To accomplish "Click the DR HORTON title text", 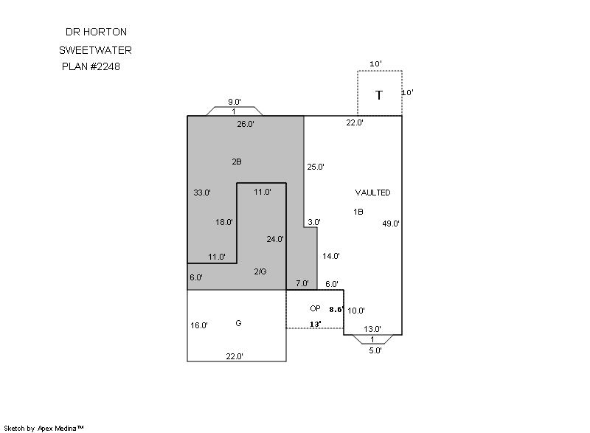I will [x=96, y=32].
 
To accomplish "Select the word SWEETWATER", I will [x=96, y=50].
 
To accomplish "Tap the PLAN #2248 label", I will [x=91, y=66].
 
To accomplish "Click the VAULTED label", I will [x=372, y=193].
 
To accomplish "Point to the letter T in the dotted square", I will [x=379, y=95].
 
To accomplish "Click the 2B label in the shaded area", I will [x=237, y=162].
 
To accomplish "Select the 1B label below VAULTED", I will [x=358, y=212].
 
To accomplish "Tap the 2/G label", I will [x=260, y=271].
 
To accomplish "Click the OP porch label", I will [x=315, y=308].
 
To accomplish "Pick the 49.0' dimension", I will [x=391, y=224].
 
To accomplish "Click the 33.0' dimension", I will [x=202, y=193].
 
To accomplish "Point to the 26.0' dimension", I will [x=246, y=124].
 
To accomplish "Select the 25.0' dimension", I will [x=316, y=167].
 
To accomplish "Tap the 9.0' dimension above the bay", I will [x=235, y=102].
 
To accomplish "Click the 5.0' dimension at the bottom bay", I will [x=375, y=351].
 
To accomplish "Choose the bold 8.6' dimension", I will [x=336, y=310].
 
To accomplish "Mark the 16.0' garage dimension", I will [x=199, y=325].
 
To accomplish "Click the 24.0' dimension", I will [x=274, y=239].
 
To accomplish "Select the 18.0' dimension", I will [x=224, y=222].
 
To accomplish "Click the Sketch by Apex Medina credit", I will [x=44, y=428].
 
